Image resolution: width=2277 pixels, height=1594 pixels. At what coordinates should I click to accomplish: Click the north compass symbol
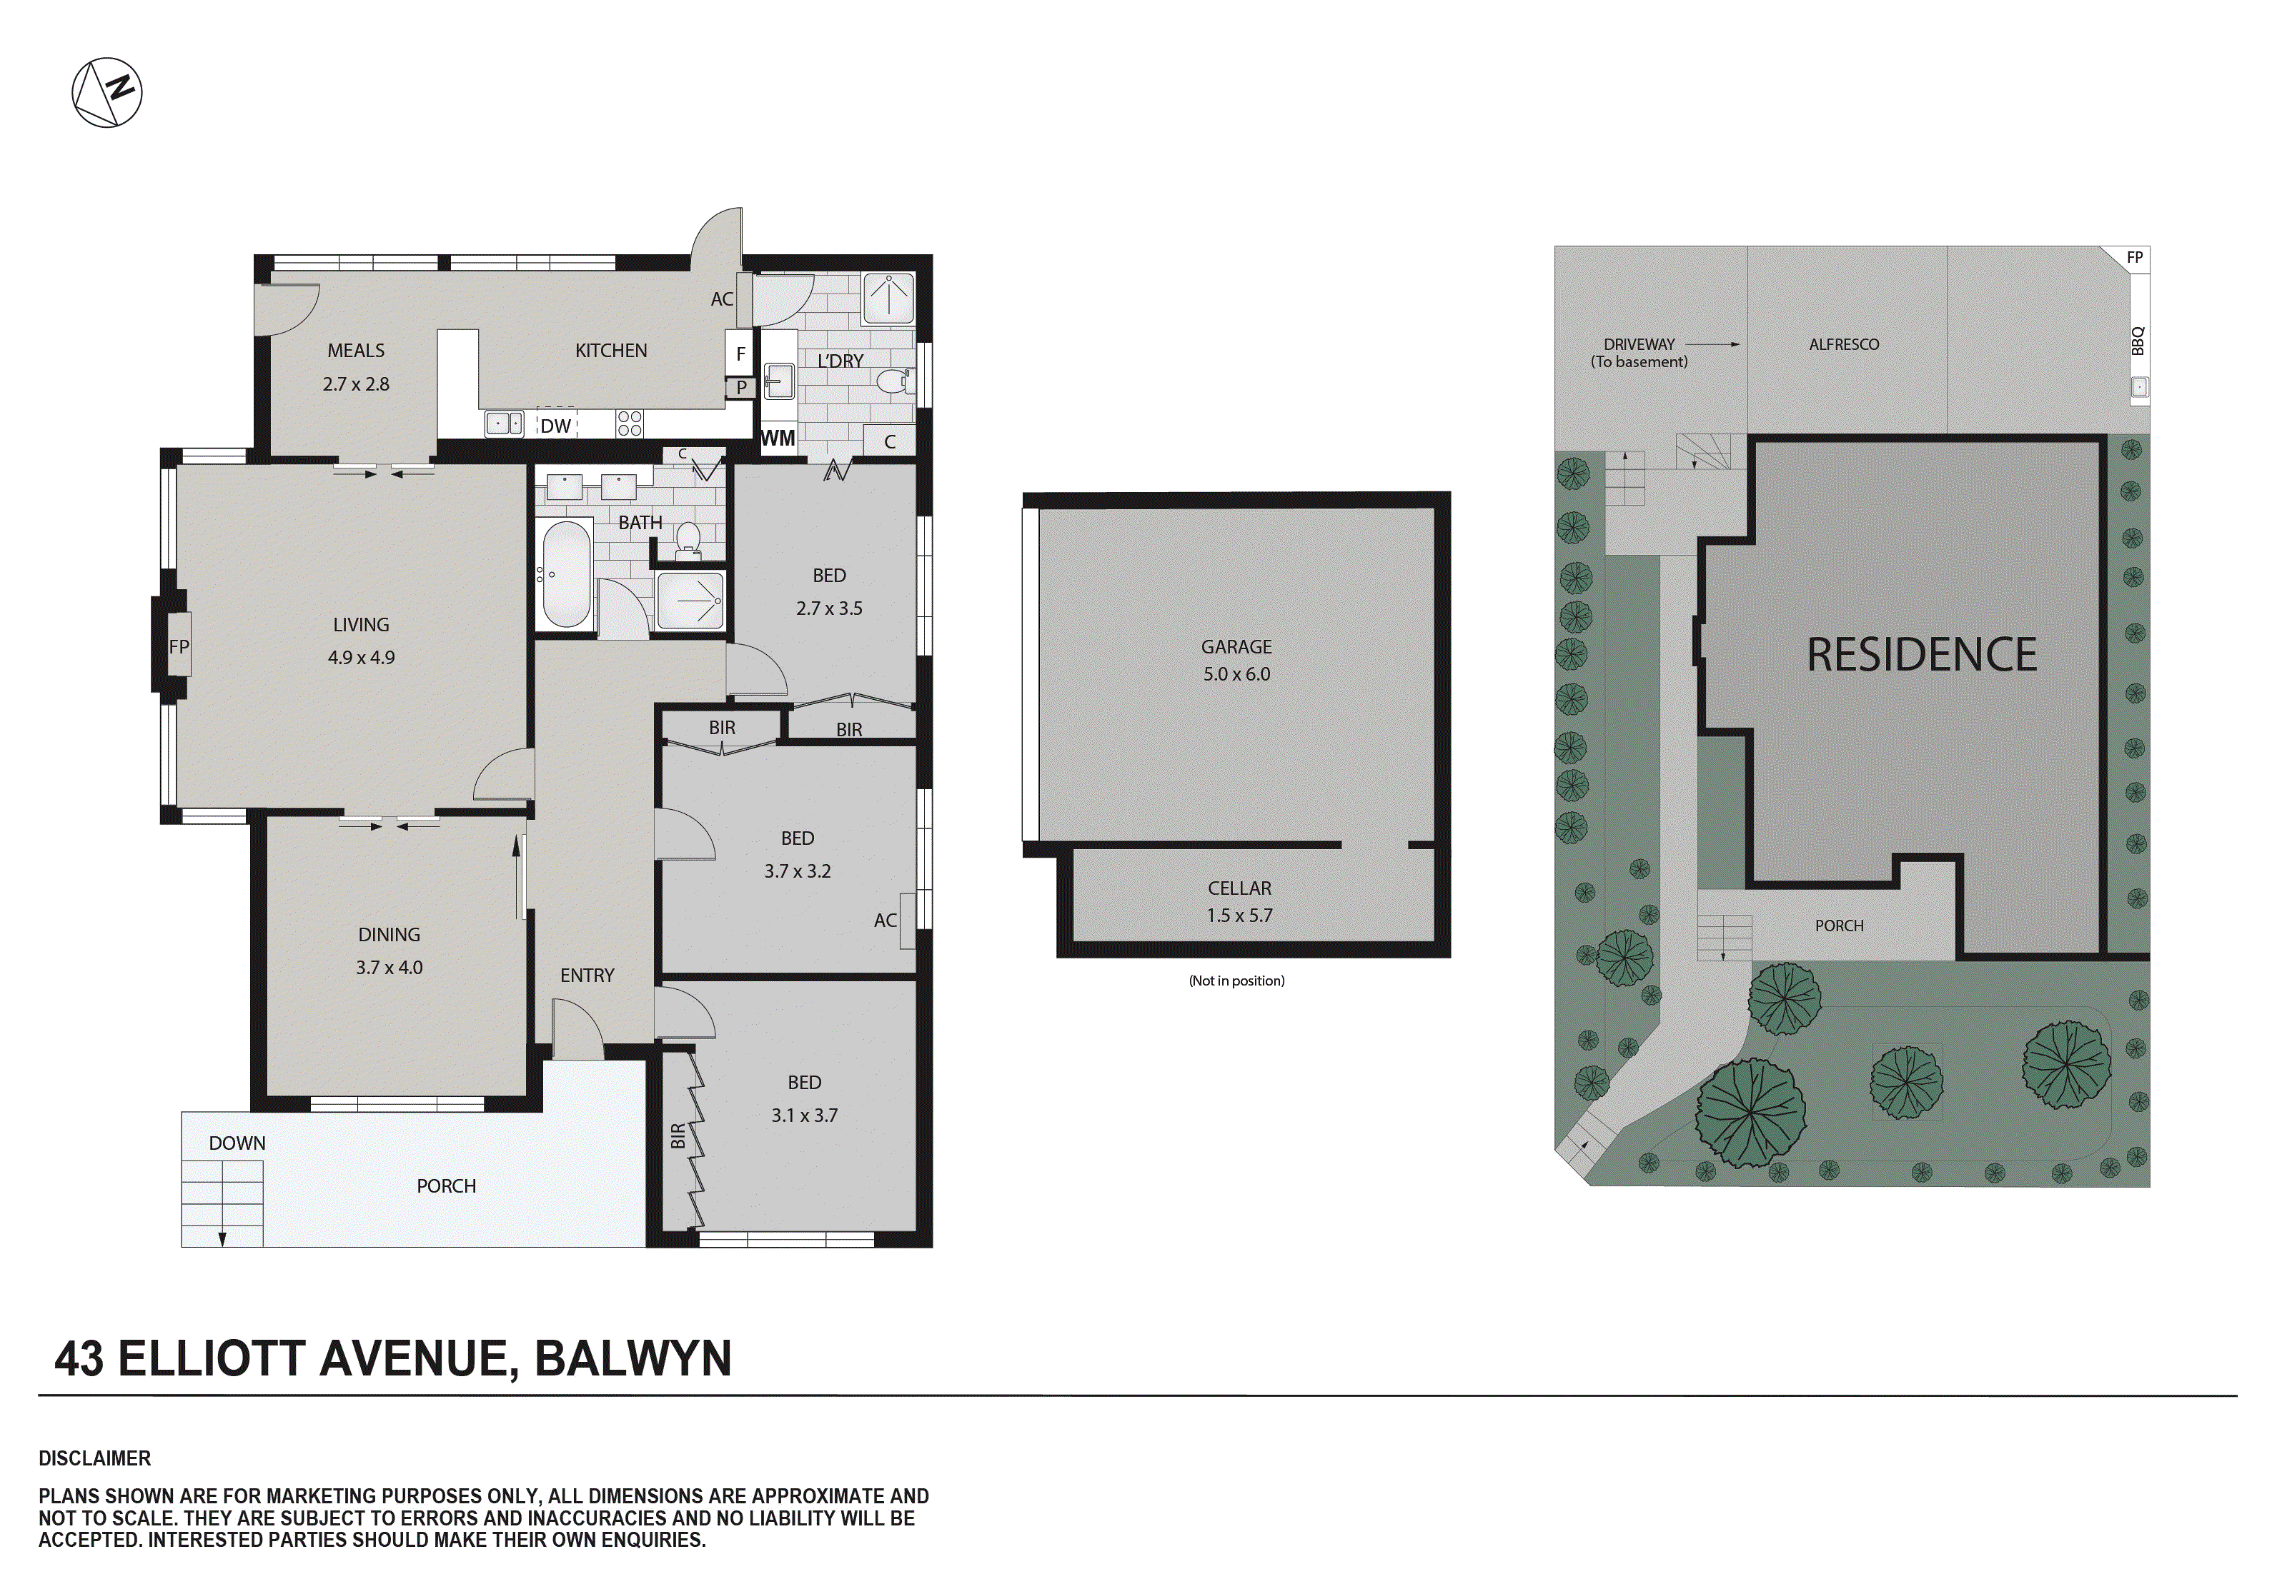click(107, 92)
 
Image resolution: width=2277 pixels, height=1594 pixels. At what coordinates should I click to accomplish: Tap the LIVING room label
click(361, 624)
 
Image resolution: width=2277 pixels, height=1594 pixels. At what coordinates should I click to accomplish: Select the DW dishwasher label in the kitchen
click(555, 426)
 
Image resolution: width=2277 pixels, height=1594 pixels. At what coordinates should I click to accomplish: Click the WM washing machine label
click(778, 438)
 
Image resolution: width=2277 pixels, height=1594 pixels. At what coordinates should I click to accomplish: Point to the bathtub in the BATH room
click(566, 574)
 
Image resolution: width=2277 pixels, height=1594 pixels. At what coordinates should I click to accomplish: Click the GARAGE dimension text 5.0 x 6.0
click(1236, 674)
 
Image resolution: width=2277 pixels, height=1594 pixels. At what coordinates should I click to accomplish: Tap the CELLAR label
click(1239, 888)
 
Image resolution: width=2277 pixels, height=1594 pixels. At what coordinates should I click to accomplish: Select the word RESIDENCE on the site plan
click(1921, 656)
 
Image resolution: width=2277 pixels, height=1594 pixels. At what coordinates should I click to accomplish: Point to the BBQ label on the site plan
click(2138, 340)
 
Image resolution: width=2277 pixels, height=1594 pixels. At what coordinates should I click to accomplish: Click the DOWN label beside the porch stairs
click(237, 1143)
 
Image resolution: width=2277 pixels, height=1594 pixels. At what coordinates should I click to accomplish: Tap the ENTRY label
click(587, 976)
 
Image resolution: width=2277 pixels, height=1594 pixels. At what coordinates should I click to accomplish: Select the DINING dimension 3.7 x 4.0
click(389, 968)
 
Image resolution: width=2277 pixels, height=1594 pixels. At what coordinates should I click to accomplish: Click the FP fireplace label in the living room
click(179, 646)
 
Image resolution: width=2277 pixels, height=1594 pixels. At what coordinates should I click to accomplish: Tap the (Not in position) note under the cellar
click(1236, 981)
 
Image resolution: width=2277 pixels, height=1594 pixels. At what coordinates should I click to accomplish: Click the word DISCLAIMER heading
click(95, 1458)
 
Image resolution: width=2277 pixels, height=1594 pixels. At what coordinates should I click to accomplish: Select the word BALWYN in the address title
click(632, 1358)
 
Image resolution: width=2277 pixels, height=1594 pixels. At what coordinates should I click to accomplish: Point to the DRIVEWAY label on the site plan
click(1638, 344)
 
